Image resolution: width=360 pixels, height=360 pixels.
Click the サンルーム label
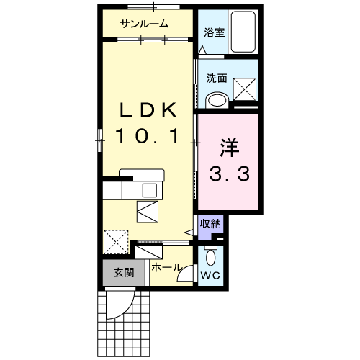pos(144,24)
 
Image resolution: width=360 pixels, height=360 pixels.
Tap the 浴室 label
pos(215,32)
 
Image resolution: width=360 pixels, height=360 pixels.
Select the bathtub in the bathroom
pos(243,32)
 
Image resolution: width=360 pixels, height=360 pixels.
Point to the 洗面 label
pos(217,78)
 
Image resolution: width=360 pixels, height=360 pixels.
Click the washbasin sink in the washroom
pos(217,100)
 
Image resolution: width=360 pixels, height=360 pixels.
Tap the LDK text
pos(148,110)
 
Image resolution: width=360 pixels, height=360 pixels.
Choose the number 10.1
pos(147,136)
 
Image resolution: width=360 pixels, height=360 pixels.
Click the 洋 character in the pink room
pos(229,148)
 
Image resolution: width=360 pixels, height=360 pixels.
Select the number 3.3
pos(230,174)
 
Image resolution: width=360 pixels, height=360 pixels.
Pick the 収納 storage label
pos(210,224)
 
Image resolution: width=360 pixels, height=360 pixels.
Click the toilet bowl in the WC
pos(211,257)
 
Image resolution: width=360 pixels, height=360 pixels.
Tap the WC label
pos(210,276)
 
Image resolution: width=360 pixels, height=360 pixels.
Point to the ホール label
pos(166,267)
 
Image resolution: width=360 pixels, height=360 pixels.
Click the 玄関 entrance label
pos(124,273)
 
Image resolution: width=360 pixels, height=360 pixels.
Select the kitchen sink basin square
pos(150,190)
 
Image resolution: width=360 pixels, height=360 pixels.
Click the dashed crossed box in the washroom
pos(245,89)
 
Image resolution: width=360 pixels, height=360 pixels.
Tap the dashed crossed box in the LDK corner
pos(116,242)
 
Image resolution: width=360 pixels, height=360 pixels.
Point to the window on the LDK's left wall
pos(100,140)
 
